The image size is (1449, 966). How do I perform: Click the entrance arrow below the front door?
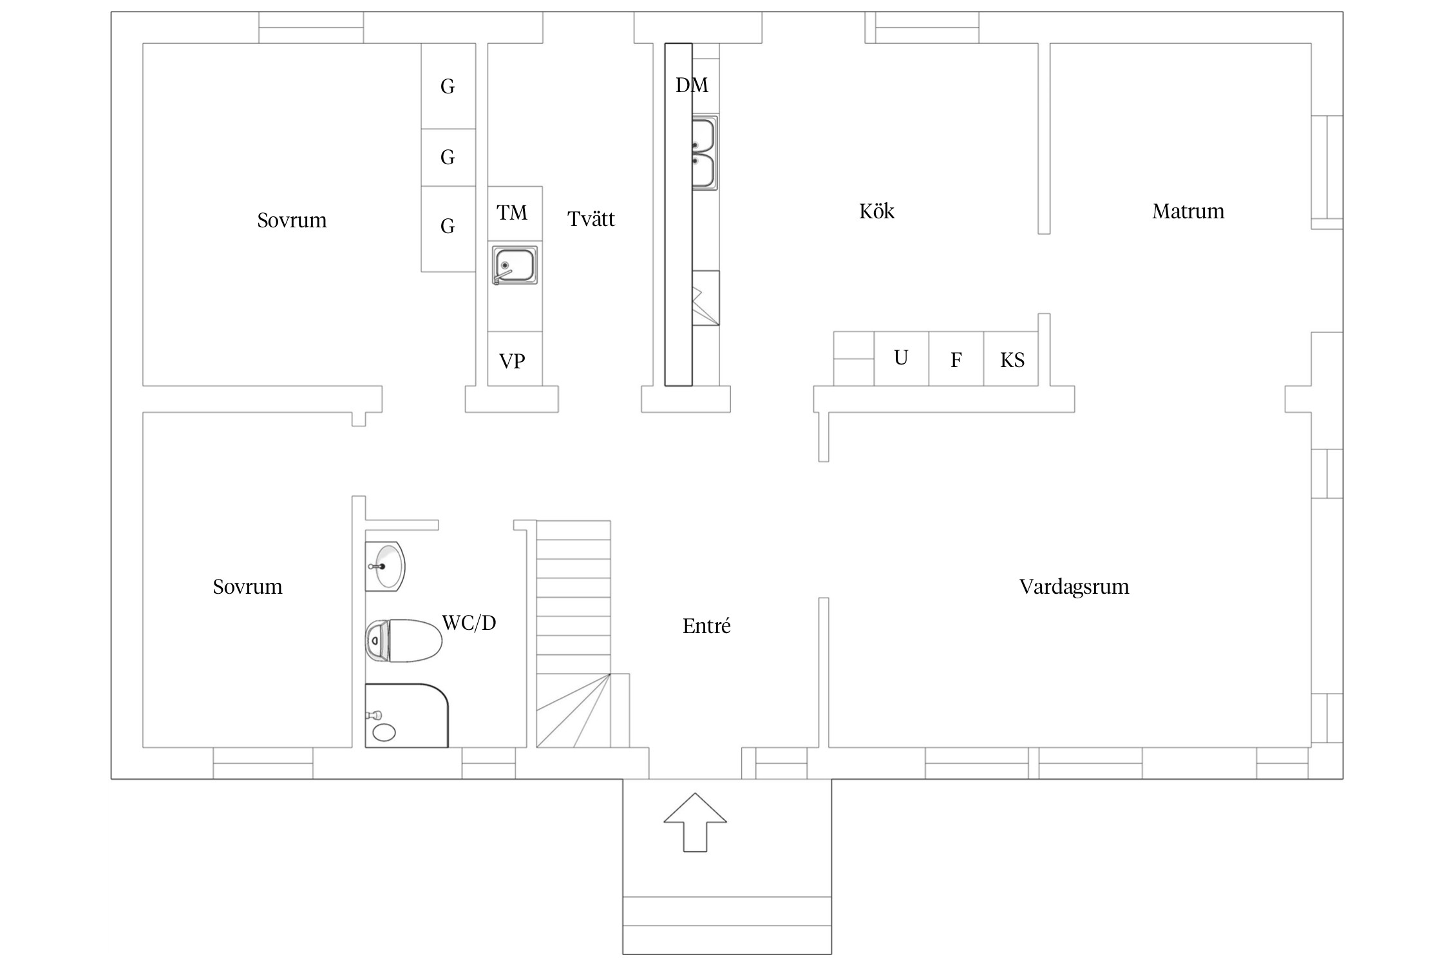tap(695, 822)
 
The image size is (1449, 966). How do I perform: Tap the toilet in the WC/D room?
tap(404, 641)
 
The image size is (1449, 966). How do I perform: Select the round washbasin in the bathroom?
tap(385, 566)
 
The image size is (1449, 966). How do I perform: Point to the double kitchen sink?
tap(705, 153)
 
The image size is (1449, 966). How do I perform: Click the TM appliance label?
tap(512, 213)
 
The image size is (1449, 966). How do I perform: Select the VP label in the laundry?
tap(512, 361)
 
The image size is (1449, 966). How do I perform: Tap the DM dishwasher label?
tap(692, 85)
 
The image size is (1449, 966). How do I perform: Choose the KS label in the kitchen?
tap(1012, 360)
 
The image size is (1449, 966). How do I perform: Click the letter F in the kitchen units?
tap(956, 360)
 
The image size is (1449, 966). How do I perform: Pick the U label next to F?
tap(901, 358)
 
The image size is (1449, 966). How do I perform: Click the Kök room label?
tap(876, 211)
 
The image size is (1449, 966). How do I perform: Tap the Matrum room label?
tap(1188, 211)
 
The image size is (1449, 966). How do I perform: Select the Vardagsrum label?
tap(1074, 587)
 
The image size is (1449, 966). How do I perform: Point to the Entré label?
tap(706, 625)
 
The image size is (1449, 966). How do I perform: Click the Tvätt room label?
tap(591, 219)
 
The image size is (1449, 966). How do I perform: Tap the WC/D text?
tap(469, 623)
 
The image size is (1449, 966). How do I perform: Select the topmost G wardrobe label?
tap(448, 86)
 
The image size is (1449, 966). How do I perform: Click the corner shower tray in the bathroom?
tap(406, 715)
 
